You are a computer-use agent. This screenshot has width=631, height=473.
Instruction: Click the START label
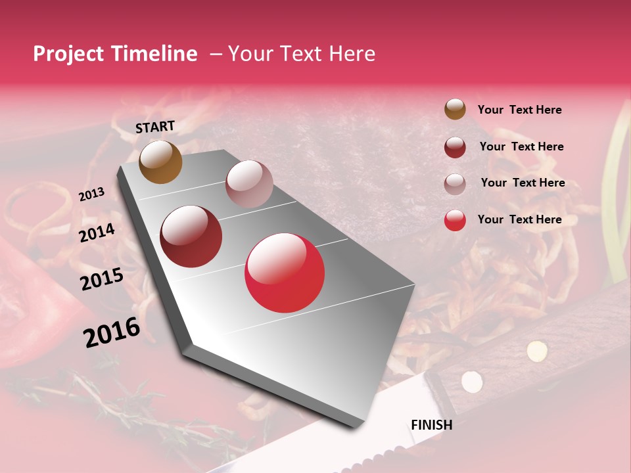tap(155, 127)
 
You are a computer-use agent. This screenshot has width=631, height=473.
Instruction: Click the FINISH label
tap(431, 425)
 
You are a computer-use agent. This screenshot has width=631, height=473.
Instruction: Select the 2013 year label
tap(91, 194)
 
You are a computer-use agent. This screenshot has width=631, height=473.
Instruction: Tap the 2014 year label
tap(97, 233)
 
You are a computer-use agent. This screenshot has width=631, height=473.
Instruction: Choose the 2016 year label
tap(111, 332)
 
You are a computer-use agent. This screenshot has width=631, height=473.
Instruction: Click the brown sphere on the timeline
tap(160, 162)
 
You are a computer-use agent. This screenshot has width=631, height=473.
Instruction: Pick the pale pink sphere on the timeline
tap(249, 183)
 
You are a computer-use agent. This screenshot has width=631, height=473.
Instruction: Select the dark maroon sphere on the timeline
tap(191, 236)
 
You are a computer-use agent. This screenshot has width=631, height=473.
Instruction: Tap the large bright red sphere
tap(285, 273)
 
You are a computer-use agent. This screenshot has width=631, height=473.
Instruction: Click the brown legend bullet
tap(455, 109)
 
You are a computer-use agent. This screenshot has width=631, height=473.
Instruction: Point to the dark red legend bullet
tap(455, 147)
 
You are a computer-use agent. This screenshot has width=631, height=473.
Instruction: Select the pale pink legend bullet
tap(455, 184)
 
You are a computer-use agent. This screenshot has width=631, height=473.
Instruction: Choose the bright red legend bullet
tap(455, 220)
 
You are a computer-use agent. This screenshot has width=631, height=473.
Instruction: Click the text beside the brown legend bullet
tap(519, 110)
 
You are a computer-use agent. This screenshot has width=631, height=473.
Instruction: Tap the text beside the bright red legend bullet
tap(519, 219)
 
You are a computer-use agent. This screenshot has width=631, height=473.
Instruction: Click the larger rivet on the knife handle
tap(536, 351)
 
